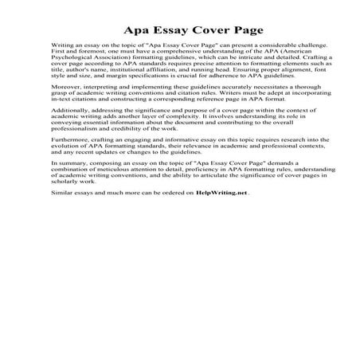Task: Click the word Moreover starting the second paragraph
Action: pyautogui.click(x=65, y=104)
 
